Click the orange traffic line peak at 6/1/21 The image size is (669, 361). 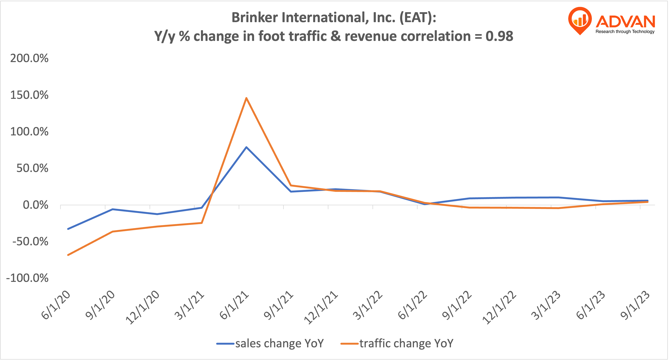(246, 98)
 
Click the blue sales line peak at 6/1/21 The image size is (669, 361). (246, 147)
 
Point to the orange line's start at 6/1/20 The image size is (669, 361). (68, 255)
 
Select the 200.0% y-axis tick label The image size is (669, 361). (29, 58)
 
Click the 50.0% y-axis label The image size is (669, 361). (32, 168)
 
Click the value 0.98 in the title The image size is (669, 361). (499, 36)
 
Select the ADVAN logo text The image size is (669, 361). (625, 22)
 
